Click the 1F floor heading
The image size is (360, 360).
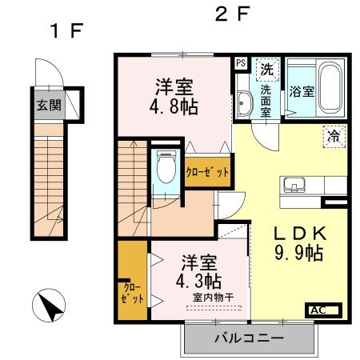pyautogui.click(x=66, y=32)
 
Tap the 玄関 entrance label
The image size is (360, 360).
pyautogui.click(x=48, y=106)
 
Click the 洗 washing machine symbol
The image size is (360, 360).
pyautogui.click(x=266, y=69)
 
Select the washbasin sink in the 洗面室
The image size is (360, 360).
pyautogui.click(x=243, y=102)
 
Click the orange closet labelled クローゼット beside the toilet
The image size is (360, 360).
pyautogui.click(x=207, y=172)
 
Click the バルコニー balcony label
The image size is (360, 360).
pyautogui.click(x=249, y=338)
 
